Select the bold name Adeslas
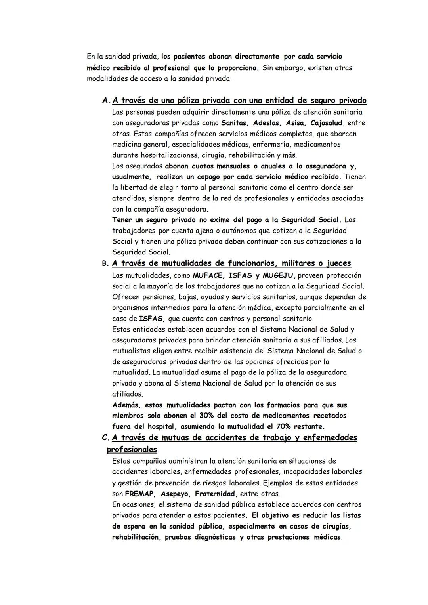[267, 123]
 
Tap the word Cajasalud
[327, 123]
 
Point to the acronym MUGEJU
[280, 275]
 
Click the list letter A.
[106, 101]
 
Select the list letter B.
[105, 263]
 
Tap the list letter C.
[105, 438]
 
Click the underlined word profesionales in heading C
[132, 450]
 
